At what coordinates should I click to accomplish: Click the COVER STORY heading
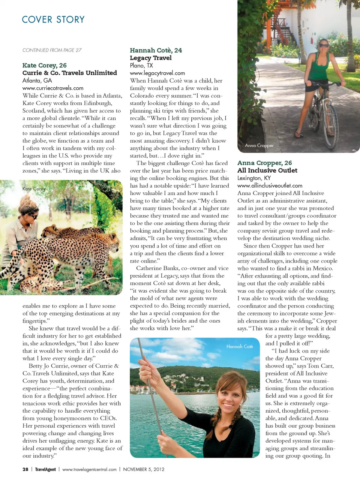(x=53, y=20)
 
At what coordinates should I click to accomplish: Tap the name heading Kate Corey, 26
(x=44, y=65)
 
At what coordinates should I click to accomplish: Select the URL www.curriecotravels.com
(x=53, y=88)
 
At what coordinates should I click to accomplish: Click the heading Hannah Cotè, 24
(x=156, y=50)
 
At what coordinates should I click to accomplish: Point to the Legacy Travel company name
(x=151, y=58)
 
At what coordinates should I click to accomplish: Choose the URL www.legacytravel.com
(x=157, y=73)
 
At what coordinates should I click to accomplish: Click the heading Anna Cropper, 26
(x=264, y=163)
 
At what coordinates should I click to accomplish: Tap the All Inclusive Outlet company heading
(x=267, y=170)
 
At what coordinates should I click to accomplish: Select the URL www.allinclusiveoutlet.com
(x=270, y=186)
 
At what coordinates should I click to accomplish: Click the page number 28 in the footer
(x=25, y=469)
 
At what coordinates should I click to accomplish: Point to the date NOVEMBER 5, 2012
(x=144, y=469)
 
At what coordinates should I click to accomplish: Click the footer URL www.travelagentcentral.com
(x=89, y=469)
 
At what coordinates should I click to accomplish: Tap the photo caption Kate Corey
(x=34, y=189)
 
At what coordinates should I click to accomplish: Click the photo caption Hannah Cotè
(x=240, y=346)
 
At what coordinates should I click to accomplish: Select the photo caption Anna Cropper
(x=259, y=146)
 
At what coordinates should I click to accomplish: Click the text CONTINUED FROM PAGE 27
(x=52, y=50)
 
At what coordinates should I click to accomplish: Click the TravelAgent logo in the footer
(x=45, y=469)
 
